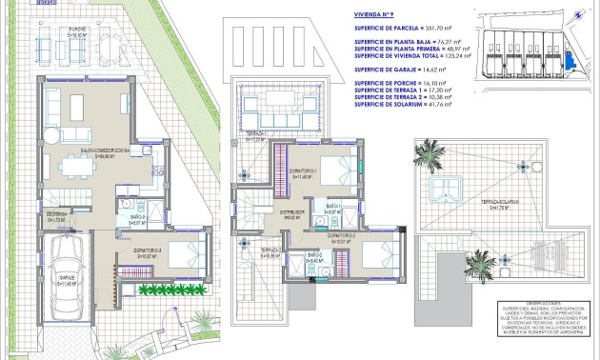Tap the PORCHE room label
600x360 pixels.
(x=78, y=30)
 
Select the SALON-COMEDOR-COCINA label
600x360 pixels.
(x=101, y=150)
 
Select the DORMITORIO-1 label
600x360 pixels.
(x=305, y=171)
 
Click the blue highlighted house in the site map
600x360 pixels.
(x=571, y=59)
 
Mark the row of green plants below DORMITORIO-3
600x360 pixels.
(x=171, y=288)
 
